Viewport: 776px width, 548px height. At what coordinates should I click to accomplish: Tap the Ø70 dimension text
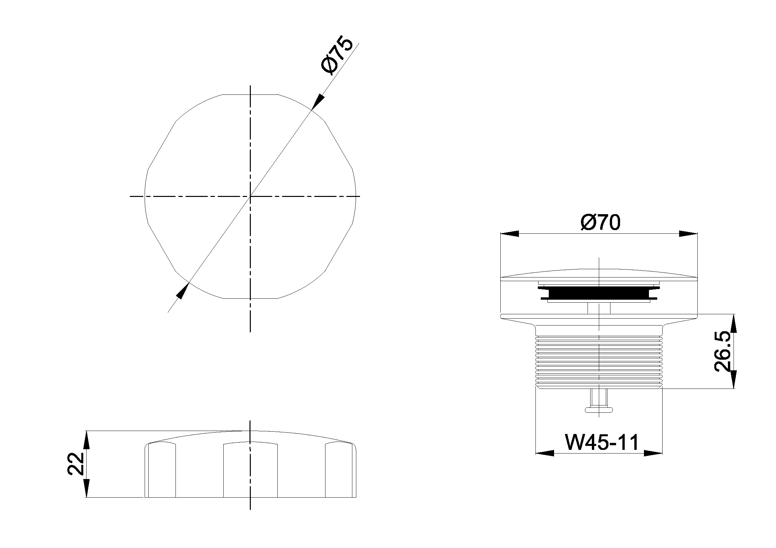pyautogui.click(x=600, y=223)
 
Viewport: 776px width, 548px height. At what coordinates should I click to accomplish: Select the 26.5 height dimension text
pyautogui.click(x=724, y=351)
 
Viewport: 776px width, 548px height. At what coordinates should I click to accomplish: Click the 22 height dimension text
pyautogui.click(x=76, y=464)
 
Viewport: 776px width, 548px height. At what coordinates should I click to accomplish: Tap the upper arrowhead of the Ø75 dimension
pyautogui.click(x=318, y=101)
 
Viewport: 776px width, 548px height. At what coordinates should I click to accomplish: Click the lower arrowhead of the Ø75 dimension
pyautogui.click(x=182, y=291)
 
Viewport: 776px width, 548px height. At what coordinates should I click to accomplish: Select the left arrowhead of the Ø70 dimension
pyautogui.click(x=509, y=234)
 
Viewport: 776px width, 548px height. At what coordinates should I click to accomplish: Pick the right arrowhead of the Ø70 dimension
pyautogui.click(x=688, y=234)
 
